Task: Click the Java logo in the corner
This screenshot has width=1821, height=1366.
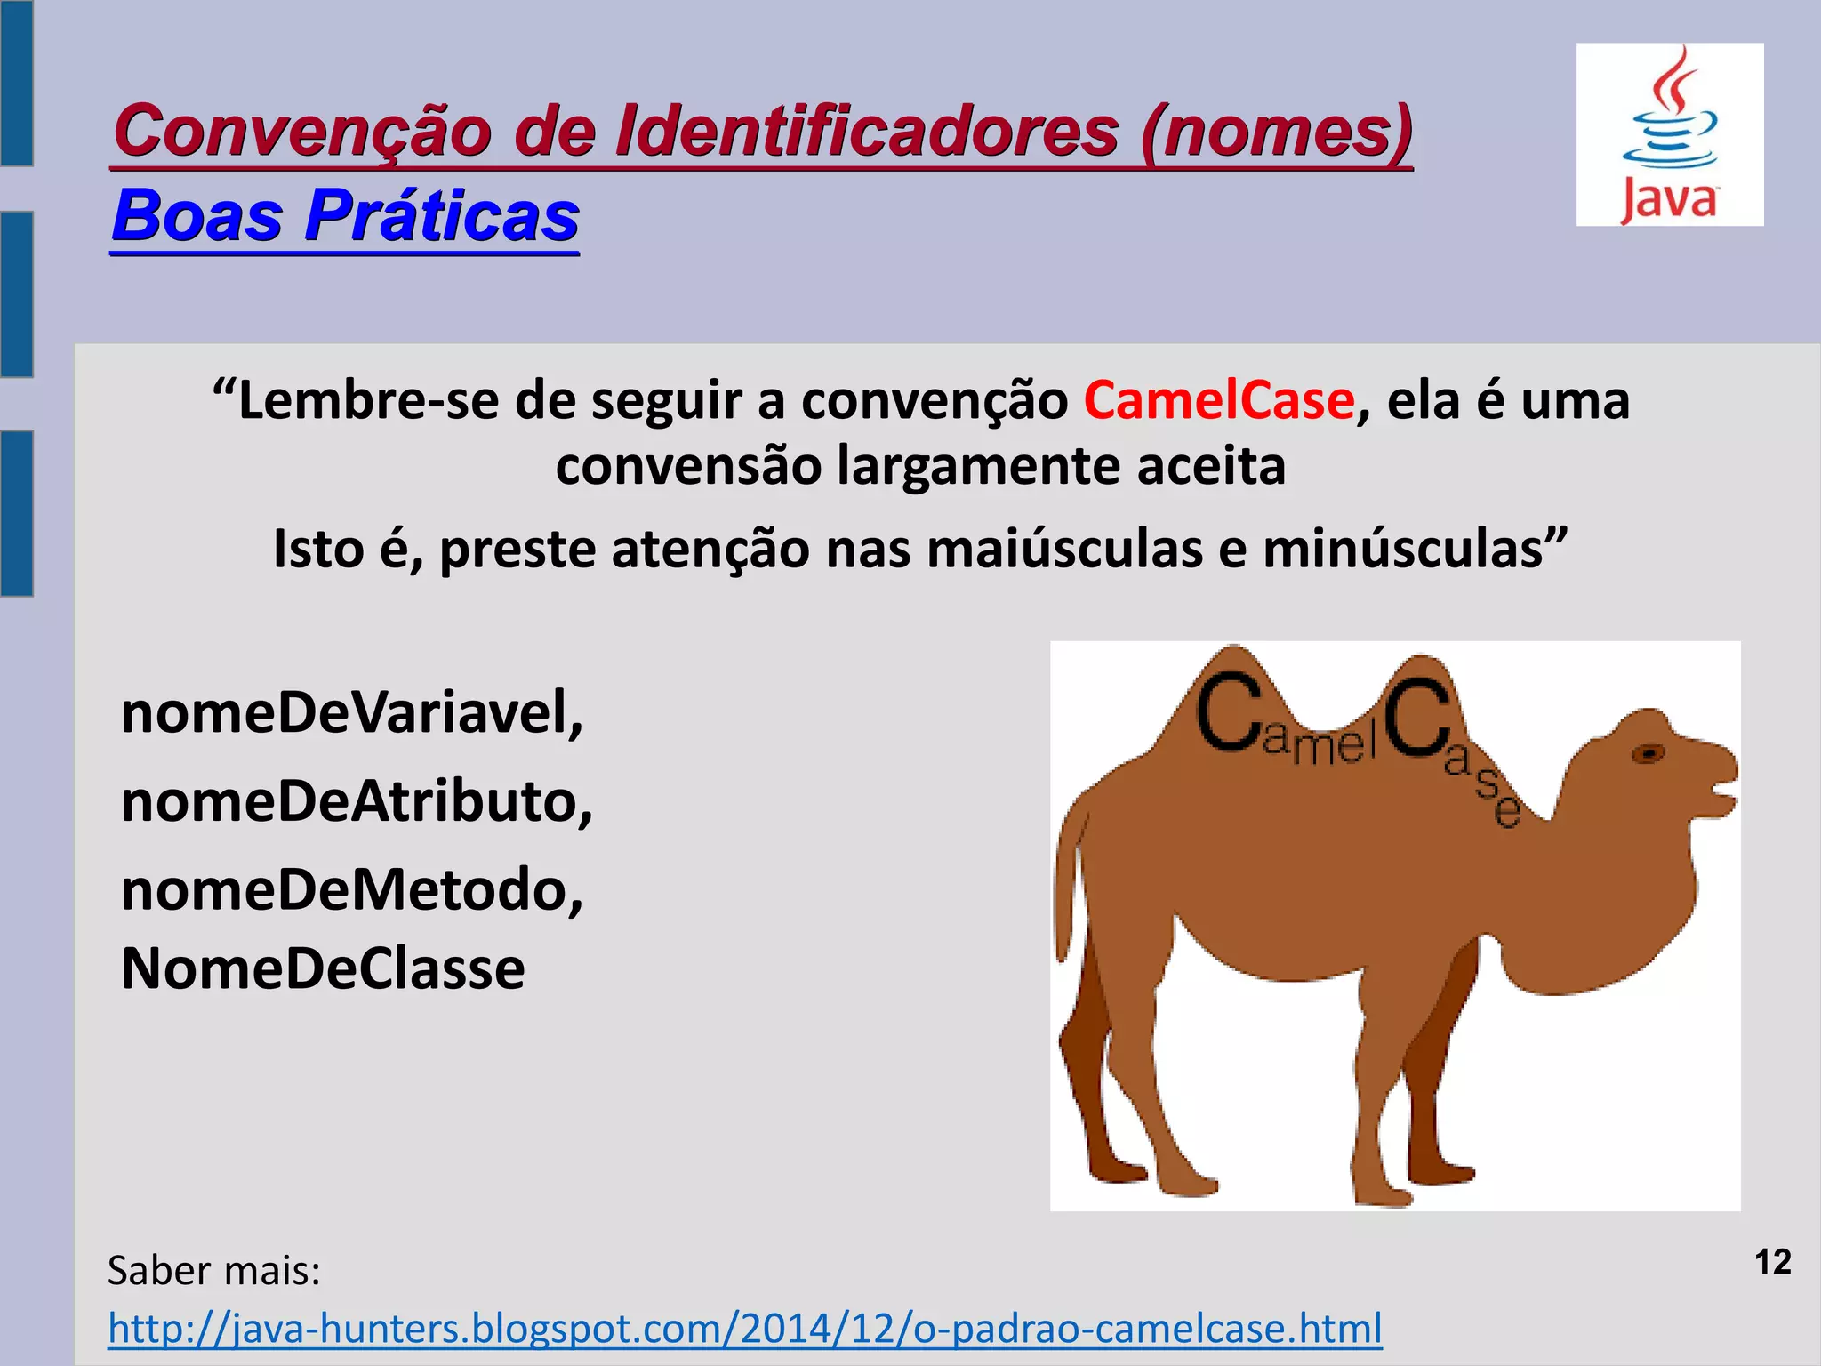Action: [1669, 134]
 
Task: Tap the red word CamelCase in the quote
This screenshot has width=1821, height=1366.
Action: [1218, 401]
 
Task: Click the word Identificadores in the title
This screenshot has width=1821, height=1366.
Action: [867, 132]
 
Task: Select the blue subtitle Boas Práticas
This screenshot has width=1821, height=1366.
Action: [346, 216]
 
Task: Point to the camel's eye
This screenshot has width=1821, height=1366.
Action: [1648, 754]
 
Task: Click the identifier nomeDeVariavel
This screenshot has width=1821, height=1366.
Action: [352, 713]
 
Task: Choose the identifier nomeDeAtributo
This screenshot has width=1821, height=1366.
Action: [357, 801]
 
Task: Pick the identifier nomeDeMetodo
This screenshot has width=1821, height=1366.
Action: [352, 889]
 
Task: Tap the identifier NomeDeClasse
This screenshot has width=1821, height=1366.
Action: [323, 968]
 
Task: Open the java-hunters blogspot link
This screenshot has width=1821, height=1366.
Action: [745, 1328]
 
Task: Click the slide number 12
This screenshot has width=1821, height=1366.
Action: [1772, 1263]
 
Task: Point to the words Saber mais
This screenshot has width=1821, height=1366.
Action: [214, 1270]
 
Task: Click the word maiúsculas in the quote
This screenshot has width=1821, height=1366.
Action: [1062, 549]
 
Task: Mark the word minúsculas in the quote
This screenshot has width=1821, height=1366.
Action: [1415, 549]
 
